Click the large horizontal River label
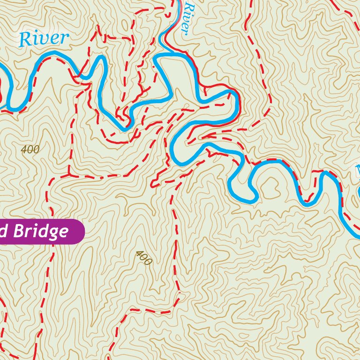[x=44, y=38]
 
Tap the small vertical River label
[x=187, y=18]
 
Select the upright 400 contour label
[x=30, y=150]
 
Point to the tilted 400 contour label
[x=143, y=258]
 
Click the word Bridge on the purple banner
[x=41, y=232]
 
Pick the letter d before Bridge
[x=4, y=231]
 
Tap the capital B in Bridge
[x=19, y=231]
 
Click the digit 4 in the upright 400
[x=24, y=150]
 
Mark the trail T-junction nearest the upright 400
[x=69, y=174]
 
